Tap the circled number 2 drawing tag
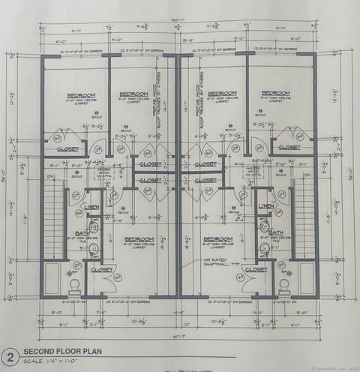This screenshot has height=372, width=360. [x=10, y=356]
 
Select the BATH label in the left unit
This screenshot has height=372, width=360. [x=84, y=233]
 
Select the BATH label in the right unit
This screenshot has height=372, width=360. [x=276, y=233]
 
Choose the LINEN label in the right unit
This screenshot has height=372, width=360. [x=266, y=206]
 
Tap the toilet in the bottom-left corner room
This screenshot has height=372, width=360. [x=74, y=286]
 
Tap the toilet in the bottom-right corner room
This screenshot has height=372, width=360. [x=284, y=286]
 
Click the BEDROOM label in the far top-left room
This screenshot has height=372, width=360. [x=81, y=95]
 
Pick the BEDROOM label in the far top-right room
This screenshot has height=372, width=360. [x=275, y=93]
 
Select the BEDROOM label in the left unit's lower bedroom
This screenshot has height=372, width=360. [x=139, y=239]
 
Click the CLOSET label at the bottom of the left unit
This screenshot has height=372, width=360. [x=103, y=269]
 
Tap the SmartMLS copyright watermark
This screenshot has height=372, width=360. [x=330, y=367]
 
